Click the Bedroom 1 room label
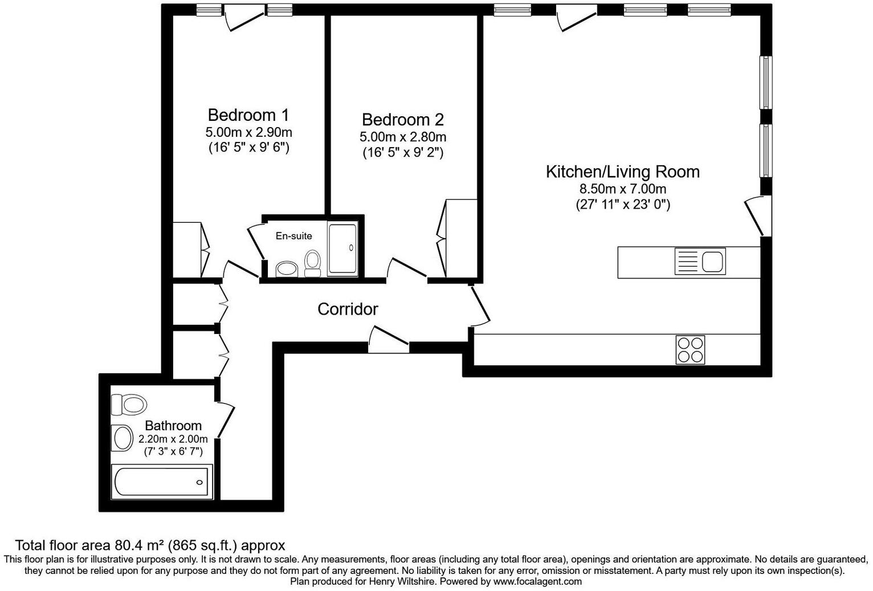[248, 115]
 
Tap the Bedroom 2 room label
[402, 120]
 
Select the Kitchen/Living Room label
[622, 172]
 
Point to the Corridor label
[348, 309]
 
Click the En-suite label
[293, 236]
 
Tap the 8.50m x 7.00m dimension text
[622, 189]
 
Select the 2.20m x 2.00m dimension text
[173, 439]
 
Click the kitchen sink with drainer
[700, 262]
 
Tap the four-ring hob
[690, 349]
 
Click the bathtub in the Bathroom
[162, 482]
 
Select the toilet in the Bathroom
[129, 405]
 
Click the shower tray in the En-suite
[342, 248]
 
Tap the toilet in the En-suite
[312, 263]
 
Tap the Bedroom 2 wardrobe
[462, 238]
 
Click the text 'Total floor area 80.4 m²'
[91, 545]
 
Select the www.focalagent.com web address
[537, 581]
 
